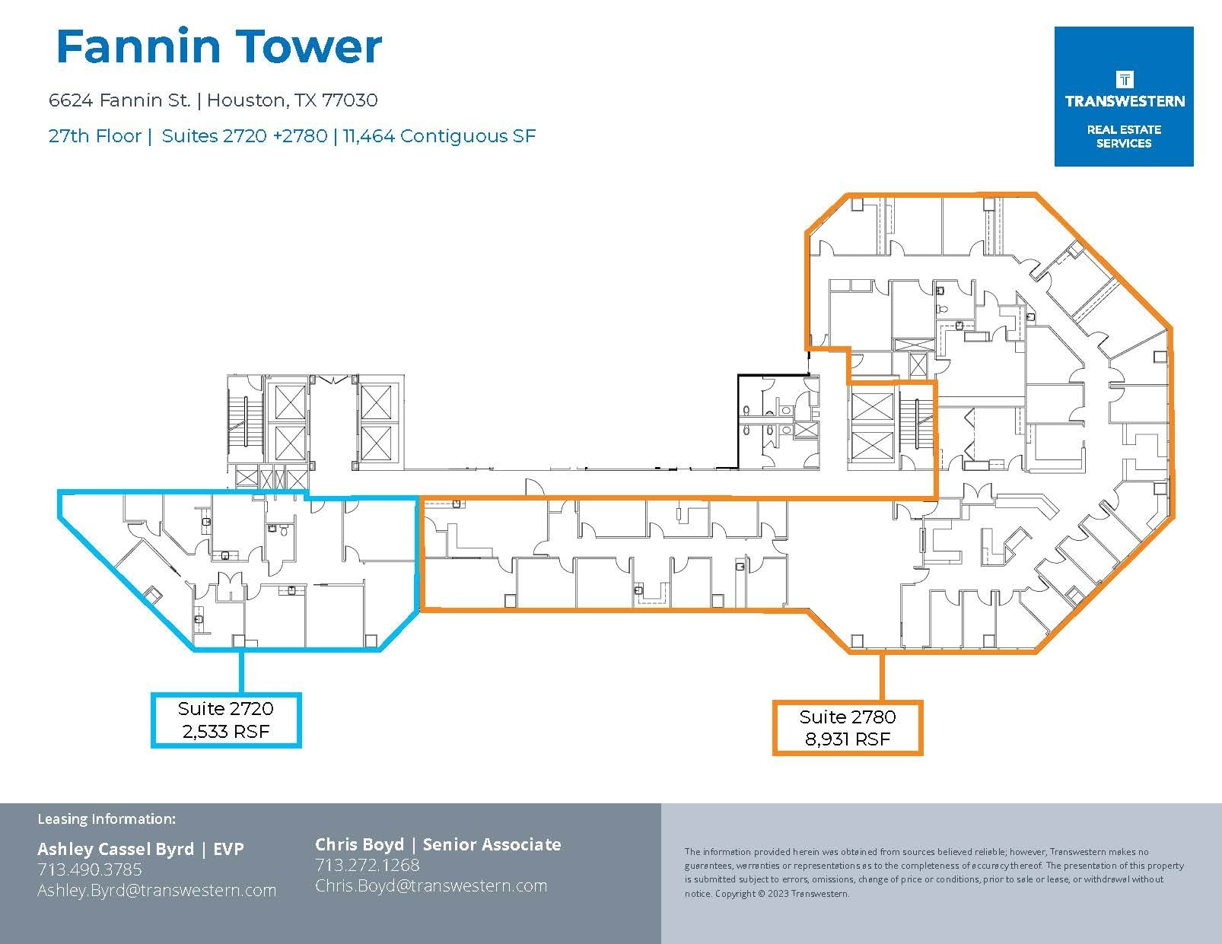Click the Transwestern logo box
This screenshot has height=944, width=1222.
point(1123,97)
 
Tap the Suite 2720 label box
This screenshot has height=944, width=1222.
point(226,720)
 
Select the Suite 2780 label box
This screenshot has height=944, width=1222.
point(848,728)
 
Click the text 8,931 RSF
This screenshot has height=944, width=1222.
point(848,739)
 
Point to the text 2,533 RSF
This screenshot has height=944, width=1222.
point(226,732)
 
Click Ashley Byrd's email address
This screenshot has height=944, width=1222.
point(157,890)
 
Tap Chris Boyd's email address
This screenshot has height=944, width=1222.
point(431,885)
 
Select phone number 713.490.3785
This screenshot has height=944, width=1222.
point(90,869)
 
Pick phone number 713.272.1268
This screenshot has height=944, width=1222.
point(368,865)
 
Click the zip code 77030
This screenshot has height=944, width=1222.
point(349,100)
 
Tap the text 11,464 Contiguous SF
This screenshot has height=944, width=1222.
point(439,136)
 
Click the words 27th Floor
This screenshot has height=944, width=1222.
point(94,136)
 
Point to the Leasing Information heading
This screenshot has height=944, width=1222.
point(107,819)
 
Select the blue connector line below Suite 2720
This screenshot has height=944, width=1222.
point(241,671)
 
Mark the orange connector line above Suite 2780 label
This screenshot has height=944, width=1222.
point(882,677)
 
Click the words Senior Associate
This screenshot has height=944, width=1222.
point(492,844)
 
